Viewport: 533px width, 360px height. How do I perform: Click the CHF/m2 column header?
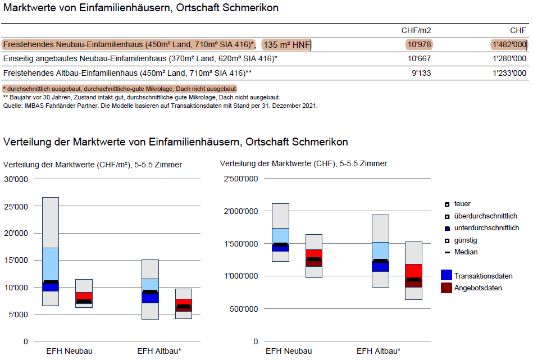click(416, 30)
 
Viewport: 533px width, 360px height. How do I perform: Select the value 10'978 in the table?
click(419, 45)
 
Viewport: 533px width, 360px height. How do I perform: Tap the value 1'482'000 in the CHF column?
click(509, 45)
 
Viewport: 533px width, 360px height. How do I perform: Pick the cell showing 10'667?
click(419, 59)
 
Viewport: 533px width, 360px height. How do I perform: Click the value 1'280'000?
click(509, 59)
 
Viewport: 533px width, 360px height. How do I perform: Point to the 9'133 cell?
click(421, 73)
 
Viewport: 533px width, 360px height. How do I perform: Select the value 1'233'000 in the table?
click(509, 73)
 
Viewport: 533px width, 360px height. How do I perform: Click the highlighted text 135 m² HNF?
click(287, 45)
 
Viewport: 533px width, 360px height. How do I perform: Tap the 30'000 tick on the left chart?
click(16, 179)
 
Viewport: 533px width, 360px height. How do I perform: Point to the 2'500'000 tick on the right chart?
click(241, 179)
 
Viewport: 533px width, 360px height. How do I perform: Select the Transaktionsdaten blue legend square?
click(447, 275)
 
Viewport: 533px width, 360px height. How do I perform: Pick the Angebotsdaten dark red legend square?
click(447, 288)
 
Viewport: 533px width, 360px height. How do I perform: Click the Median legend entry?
click(466, 252)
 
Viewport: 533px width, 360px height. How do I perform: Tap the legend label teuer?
click(462, 204)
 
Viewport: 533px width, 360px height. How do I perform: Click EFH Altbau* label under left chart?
click(159, 351)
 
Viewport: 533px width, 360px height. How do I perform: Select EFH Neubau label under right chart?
click(289, 351)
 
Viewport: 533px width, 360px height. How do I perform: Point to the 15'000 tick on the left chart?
click(16, 260)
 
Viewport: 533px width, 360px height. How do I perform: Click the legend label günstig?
click(466, 240)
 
